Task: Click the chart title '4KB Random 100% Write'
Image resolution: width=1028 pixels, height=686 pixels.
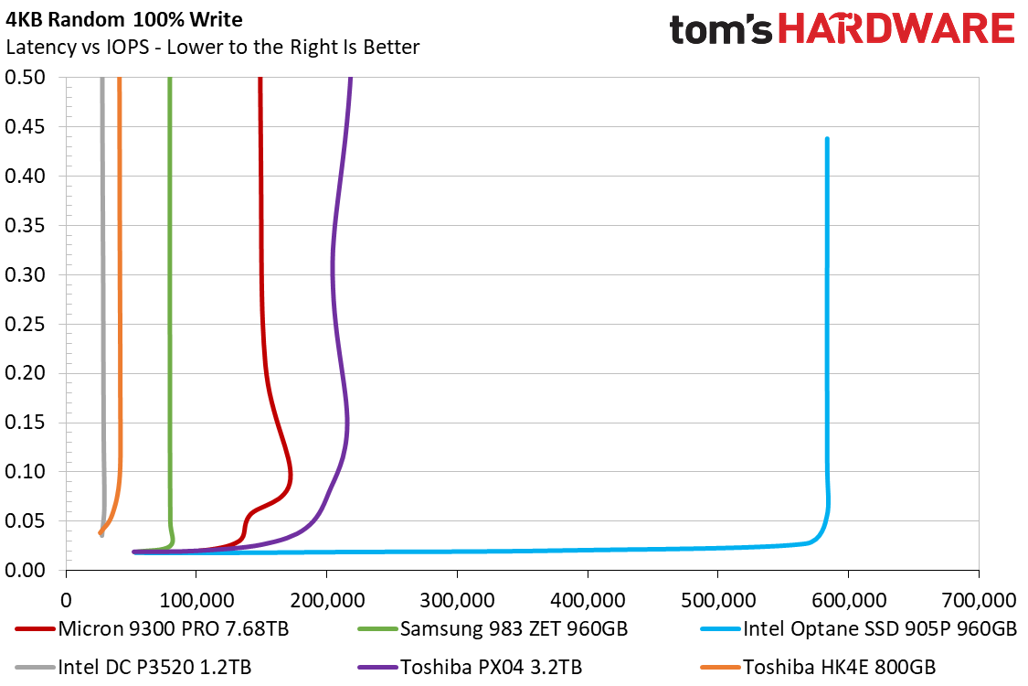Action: pyautogui.click(x=124, y=20)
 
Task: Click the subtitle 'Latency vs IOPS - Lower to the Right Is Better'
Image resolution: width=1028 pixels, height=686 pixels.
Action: pyautogui.click(x=212, y=48)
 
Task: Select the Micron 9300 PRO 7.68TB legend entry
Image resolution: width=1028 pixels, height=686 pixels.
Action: pyautogui.click(x=152, y=629)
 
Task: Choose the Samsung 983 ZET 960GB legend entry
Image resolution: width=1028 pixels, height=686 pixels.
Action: pyautogui.click(x=493, y=629)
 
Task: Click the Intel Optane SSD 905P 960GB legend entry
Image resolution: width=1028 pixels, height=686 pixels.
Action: pyautogui.click(x=859, y=629)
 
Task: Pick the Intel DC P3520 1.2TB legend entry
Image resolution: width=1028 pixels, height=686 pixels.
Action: pyautogui.click(x=133, y=667)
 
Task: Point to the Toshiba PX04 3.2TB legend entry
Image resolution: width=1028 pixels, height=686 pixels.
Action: pyautogui.click(x=470, y=667)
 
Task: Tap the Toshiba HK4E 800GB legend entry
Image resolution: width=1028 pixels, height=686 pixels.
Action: pyautogui.click(x=818, y=667)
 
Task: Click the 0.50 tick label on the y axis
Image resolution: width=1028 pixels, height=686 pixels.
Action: pyautogui.click(x=25, y=78)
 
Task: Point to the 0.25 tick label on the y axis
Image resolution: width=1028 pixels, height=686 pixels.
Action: pyautogui.click(x=25, y=325)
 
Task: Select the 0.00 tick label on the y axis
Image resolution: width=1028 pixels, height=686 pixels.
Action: pyautogui.click(x=25, y=571)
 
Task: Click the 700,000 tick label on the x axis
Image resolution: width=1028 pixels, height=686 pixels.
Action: pyautogui.click(x=979, y=600)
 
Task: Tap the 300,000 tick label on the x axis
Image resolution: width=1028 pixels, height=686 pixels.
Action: pyautogui.click(x=457, y=600)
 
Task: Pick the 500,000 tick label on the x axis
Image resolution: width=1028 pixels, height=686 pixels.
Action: pyautogui.click(x=718, y=600)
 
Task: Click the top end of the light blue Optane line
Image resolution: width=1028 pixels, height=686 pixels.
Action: pyautogui.click(x=827, y=138)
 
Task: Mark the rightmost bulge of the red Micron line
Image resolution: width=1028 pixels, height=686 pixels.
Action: pyautogui.click(x=290, y=474)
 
